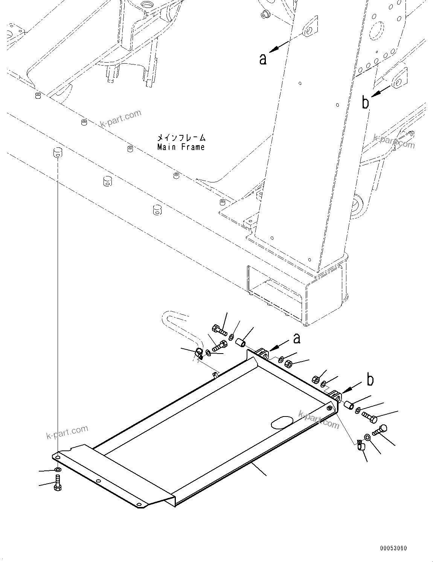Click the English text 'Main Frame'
pos(181,147)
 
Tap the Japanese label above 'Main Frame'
pos(181,138)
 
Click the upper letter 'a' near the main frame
pos(263,59)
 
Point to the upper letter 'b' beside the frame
pos(365,103)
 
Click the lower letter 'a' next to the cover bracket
pos(297,338)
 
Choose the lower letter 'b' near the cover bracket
pos(370,380)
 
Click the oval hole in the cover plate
pos(282,423)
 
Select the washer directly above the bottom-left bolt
pos(57,470)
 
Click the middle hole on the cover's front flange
pos(98,481)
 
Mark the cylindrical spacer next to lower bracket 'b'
pos(348,406)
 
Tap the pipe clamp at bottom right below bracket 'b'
pos(360,446)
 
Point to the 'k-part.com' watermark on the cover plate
pos(319,420)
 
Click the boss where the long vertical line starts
pos(57,153)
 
